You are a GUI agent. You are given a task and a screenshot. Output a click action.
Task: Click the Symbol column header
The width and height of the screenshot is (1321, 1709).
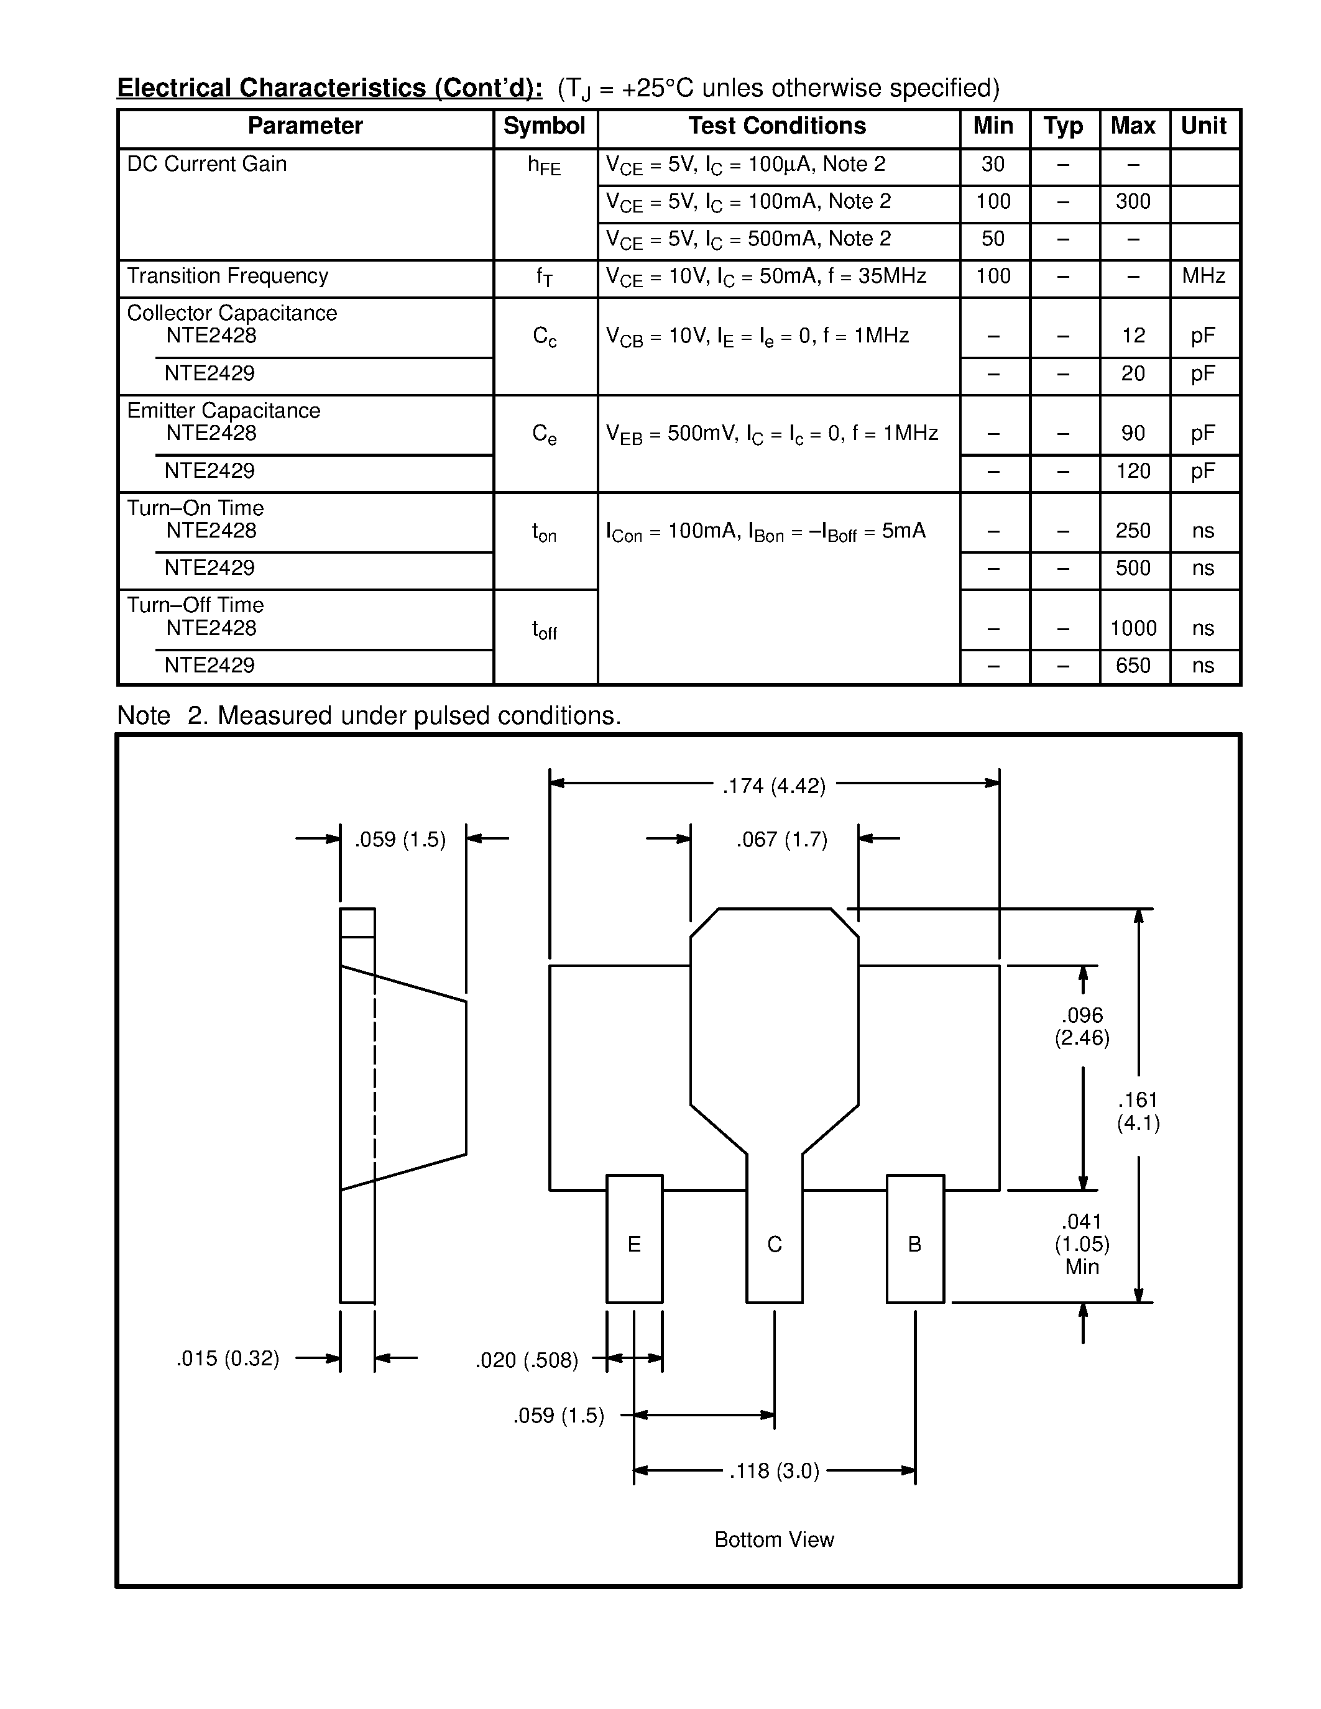click(544, 127)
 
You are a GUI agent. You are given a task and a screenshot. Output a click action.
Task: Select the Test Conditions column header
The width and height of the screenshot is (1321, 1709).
click(777, 127)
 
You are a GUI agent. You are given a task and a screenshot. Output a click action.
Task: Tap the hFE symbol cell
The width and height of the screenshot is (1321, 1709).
click(544, 166)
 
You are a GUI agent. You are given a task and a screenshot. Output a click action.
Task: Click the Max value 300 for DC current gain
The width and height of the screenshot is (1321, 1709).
click(1133, 202)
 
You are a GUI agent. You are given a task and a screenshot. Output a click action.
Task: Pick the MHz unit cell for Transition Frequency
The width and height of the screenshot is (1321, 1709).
click(1204, 276)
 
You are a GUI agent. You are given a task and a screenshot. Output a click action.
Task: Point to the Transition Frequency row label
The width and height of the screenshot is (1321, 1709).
click(228, 276)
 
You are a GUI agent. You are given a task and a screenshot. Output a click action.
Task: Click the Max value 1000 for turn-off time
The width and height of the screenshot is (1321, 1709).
click(1133, 628)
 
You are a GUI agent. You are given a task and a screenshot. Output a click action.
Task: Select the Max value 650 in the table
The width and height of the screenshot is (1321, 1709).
click(1133, 666)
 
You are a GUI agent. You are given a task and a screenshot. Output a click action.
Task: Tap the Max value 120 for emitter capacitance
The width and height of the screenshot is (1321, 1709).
click(1133, 471)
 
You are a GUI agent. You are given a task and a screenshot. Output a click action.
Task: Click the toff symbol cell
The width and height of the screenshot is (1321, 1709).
click(544, 630)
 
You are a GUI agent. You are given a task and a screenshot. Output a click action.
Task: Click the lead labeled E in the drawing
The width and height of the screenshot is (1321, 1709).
click(634, 1244)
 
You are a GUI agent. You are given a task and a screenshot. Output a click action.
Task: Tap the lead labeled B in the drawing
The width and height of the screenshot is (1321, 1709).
click(914, 1244)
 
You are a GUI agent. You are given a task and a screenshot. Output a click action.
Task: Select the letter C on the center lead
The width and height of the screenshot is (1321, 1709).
click(774, 1244)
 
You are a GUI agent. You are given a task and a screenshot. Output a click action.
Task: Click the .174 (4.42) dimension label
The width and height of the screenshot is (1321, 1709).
click(774, 786)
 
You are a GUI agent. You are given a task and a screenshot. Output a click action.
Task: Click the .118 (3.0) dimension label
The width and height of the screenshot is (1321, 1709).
click(774, 1471)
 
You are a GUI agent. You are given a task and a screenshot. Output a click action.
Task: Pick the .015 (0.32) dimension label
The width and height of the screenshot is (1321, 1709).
click(228, 1358)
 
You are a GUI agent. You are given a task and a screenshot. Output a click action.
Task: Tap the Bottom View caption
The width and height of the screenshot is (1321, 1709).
click(774, 1539)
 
